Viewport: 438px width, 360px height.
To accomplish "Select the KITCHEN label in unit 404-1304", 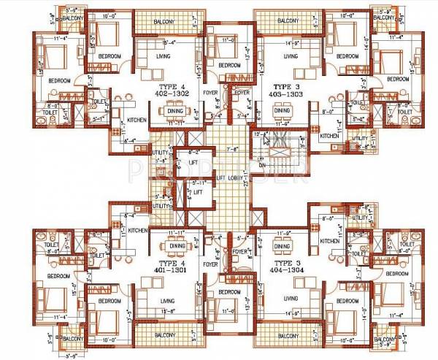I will tap(329, 240).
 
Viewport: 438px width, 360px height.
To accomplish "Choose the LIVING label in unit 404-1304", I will tap(291, 299).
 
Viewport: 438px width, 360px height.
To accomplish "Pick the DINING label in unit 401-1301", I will tap(178, 246).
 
